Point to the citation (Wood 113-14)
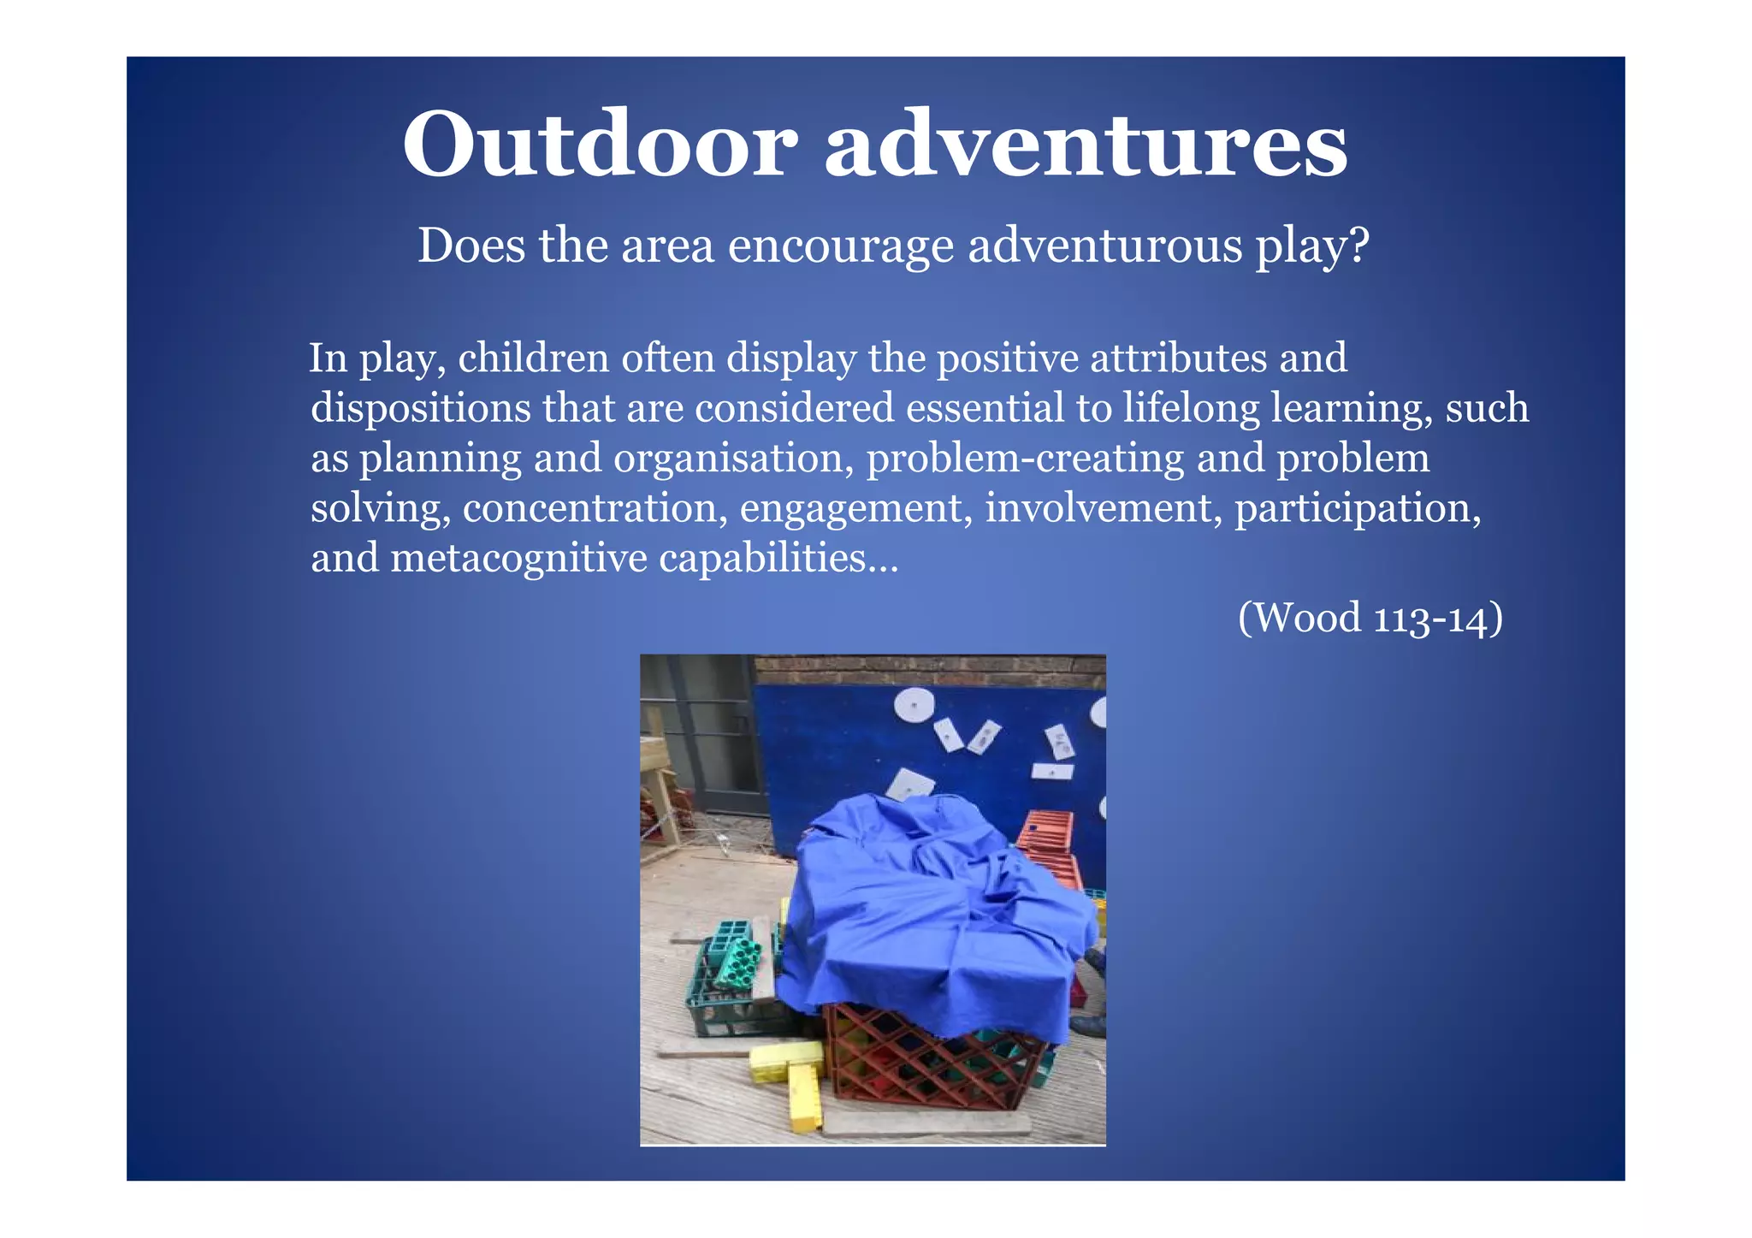[x=1370, y=617]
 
